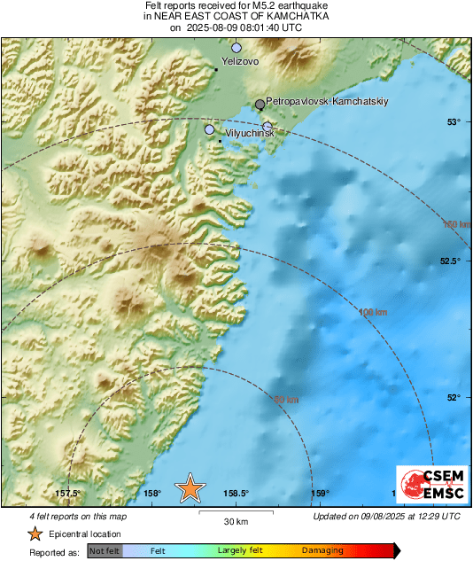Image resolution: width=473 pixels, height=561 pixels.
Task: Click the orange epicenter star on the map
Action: pyautogui.click(x=190, y=487)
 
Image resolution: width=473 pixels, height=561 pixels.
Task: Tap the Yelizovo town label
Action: pyautogui.click(x=240, y=62)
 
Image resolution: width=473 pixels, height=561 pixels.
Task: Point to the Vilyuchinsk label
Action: pyautogui.click(x=249, y=133)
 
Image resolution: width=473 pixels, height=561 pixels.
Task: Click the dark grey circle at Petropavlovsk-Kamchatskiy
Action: pyautogui.click(x=260, y=105)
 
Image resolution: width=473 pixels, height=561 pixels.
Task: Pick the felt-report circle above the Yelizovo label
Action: pyautogui.click(x=237, y=48)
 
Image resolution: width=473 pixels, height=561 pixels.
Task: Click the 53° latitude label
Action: pyautogui.click(x=454, y=121)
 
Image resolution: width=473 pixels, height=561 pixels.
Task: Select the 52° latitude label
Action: pyautogui.click(x=454, y=397)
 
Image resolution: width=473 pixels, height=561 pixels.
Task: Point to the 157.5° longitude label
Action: pyautogui.click(x=68, y=494)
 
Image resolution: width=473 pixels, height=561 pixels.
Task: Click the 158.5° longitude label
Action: pyautogui.click(x=236, y=494)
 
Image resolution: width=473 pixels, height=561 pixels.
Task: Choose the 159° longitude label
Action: pyautogui.click(x=320, y=494)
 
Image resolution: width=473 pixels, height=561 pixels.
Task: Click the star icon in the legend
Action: pyautogui.click(x=35, y=534)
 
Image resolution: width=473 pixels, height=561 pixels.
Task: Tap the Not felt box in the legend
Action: pyautogui.click(x=104, y=550)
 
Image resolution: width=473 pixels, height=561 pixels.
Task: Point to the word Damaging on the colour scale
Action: pyautogui.click(x=322, y=550)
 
